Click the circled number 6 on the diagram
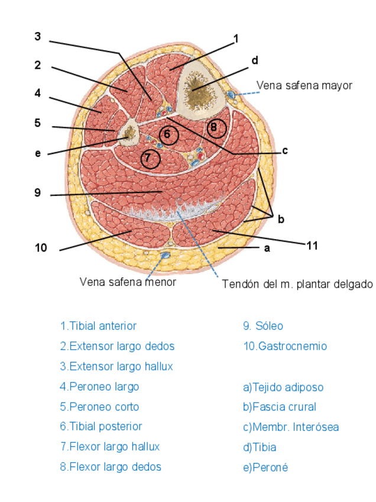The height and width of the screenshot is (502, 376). point(168,135)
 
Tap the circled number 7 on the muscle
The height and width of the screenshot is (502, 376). point(150,158)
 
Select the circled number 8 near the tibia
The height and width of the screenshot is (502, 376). point(217,127)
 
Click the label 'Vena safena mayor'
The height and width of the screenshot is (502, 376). point(304,85)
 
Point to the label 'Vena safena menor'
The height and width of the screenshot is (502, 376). point(128,282)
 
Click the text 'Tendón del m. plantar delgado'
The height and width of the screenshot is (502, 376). point(297,284)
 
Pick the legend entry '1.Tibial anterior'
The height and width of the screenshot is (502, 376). point(98,326)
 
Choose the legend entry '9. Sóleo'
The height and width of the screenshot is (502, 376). point(263,326)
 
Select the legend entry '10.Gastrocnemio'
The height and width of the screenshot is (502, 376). point(285,346)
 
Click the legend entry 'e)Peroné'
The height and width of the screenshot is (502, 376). point(265,468)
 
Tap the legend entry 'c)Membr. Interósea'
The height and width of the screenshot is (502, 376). point(291,427)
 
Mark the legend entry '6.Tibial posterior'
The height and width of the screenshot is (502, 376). point(101,426)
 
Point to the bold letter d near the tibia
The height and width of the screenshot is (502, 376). point(255,60)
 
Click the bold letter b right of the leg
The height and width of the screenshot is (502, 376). point(281,219)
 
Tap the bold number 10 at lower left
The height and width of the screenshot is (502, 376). point(41,247)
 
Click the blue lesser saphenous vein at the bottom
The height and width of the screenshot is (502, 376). point(166,255)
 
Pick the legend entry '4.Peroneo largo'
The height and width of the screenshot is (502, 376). point(99,387)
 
